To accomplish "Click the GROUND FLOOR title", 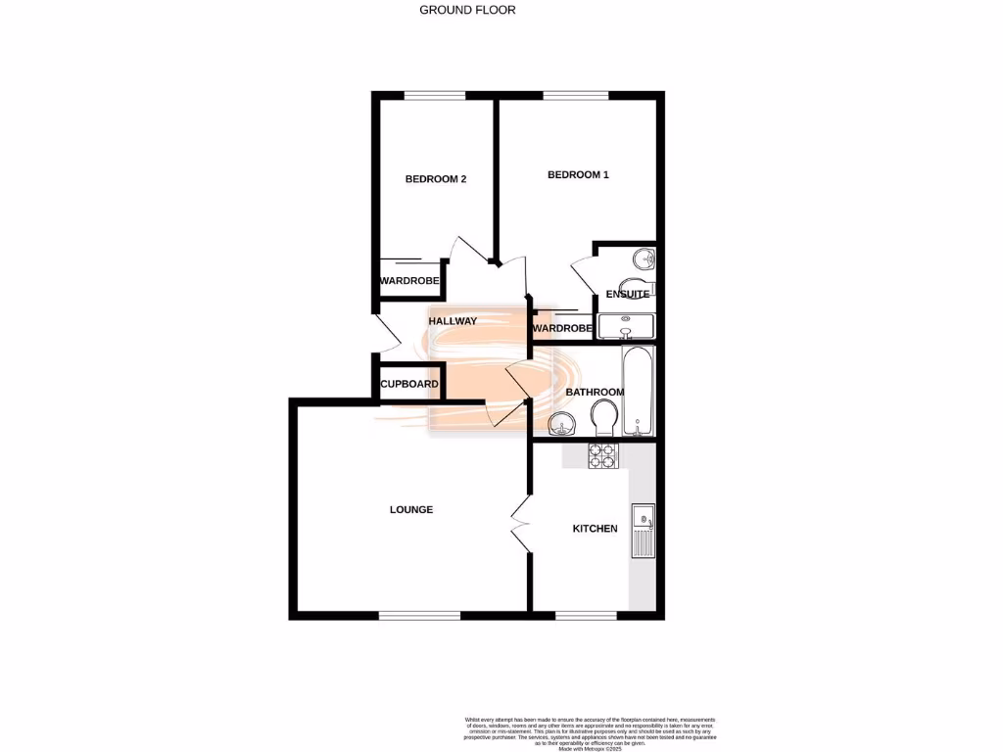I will pos(467,10).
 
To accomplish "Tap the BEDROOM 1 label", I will pos(578,175).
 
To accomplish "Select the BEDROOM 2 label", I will pos(436,179).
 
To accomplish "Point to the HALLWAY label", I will pos(453,321).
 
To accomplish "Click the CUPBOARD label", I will pos(409,384).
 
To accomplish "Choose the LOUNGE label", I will pos(411,509).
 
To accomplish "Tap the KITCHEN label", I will pos(596,529).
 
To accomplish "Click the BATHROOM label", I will pos(595,393).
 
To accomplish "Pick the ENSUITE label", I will pos(627,294).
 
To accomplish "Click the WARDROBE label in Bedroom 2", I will pos(409,281).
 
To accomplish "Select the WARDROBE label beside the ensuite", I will pos(563,328).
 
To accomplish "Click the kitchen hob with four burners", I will pos(601,455).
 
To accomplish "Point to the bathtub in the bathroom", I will pos(639,392).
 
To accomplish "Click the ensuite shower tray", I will pos(626,325).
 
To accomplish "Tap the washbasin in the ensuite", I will pos(644,259).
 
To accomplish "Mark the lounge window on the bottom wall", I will pos(419,615).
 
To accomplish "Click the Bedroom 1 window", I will pos(575,95).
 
